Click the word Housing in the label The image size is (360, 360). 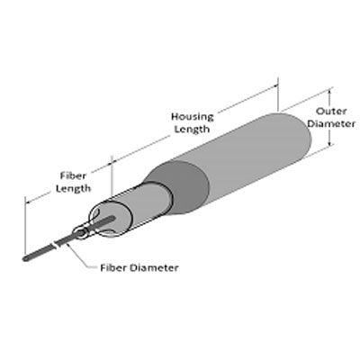coord(193,117)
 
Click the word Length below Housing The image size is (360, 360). coord(192,130)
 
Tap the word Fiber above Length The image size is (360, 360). coord(73,175)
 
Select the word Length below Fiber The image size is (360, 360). coord(73,188)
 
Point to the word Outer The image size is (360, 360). coord(331,112)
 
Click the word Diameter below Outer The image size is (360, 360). coord(331,123)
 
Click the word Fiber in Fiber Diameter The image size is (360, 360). coord(113,267)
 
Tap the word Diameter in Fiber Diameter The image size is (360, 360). coord(154,267)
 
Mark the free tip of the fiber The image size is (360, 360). coord(25,258)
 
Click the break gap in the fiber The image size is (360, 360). coord(56,244)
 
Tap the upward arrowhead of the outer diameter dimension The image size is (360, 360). coord(329,92)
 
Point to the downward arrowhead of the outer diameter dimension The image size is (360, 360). coord(329,142)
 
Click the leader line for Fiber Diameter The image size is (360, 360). coord(80,256)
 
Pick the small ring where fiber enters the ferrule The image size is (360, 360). coord(80,233)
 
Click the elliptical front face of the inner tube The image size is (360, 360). coord(111,218)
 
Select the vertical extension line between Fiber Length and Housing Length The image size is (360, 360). coord(112,175)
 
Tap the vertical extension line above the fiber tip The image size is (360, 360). coord(25,225)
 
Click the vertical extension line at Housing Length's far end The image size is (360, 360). coord(278,94)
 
